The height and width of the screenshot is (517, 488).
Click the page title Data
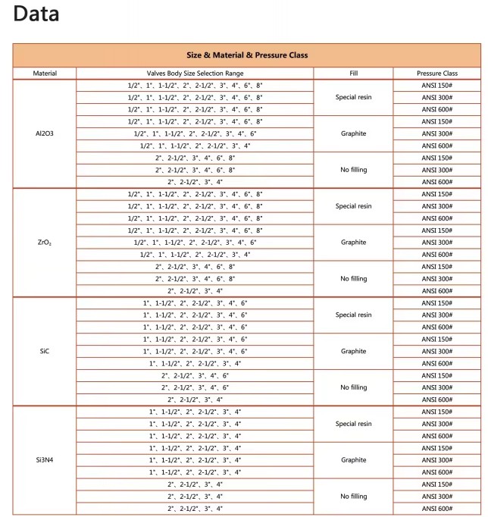[x=36, y=14]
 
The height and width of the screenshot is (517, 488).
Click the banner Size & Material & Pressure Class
[x=247, y=55]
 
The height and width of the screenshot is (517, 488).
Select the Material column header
[x=45, y=74]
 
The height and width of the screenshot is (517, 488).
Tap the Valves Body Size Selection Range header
[x=195, y=74]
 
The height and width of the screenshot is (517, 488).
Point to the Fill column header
[x=353, y=74]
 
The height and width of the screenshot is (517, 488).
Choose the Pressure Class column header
[x=437, y=74]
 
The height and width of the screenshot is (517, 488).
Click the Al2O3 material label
[x=45, y=133]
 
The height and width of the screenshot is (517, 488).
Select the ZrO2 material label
[x=45, y=243]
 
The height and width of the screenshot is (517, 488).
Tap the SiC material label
[x=45, y=352]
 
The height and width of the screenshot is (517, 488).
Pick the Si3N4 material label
[x=45, y=460]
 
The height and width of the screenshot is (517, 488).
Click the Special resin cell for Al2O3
[x=353, y=97]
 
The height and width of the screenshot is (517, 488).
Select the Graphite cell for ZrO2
[x=353, y=243]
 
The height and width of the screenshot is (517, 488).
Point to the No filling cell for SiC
[x=353, y=387]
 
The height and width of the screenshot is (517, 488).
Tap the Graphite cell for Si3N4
[x=353, y=460]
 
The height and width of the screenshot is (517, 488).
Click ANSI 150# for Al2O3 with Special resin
[x=437, y=86]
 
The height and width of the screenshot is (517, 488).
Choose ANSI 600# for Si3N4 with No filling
[x=437, y=509]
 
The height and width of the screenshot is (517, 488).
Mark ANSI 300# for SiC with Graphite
[x=437, y=352]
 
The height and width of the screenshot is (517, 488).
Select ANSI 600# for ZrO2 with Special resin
[x=437, y=218]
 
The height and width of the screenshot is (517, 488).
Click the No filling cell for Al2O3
[x=353, y=170]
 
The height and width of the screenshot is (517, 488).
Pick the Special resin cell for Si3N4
[x=353, y=424]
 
